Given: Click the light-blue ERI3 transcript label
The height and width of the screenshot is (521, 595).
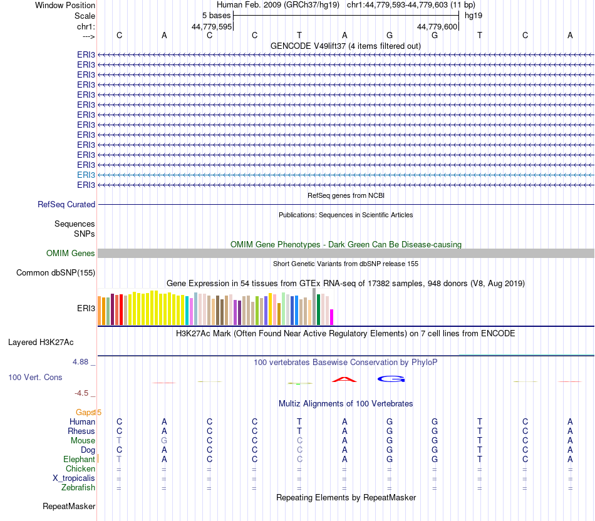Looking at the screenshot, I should [x=86, y=175].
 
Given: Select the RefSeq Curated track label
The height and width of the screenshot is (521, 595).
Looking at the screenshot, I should [x=66, y=204].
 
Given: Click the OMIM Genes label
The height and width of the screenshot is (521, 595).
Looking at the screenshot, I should [x=71, y=254].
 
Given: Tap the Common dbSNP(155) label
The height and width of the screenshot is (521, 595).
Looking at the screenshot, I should [x=56, y=272].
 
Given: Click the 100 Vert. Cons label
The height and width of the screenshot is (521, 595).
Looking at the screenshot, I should [x=35, y=378].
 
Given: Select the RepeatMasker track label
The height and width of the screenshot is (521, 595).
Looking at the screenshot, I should [x=69, y=506].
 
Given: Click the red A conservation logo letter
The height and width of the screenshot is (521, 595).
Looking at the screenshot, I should [x=344, y=379].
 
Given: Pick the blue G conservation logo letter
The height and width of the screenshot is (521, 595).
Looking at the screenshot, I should [x=391, y=378].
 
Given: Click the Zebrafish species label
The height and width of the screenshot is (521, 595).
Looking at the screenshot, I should [x=78, y=488].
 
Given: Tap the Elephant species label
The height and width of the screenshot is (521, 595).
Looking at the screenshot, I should [x=79, y=460].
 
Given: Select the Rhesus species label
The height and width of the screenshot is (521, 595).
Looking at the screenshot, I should [x=81, y=431].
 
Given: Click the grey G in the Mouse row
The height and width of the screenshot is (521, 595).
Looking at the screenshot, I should [x=164, y=441].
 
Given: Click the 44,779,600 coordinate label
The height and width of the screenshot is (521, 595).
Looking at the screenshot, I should [x=438, y=26].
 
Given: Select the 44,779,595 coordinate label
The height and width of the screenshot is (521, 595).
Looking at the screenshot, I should [x=212, y=26].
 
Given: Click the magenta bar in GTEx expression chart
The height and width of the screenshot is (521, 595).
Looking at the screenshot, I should [x=332, y=317].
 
